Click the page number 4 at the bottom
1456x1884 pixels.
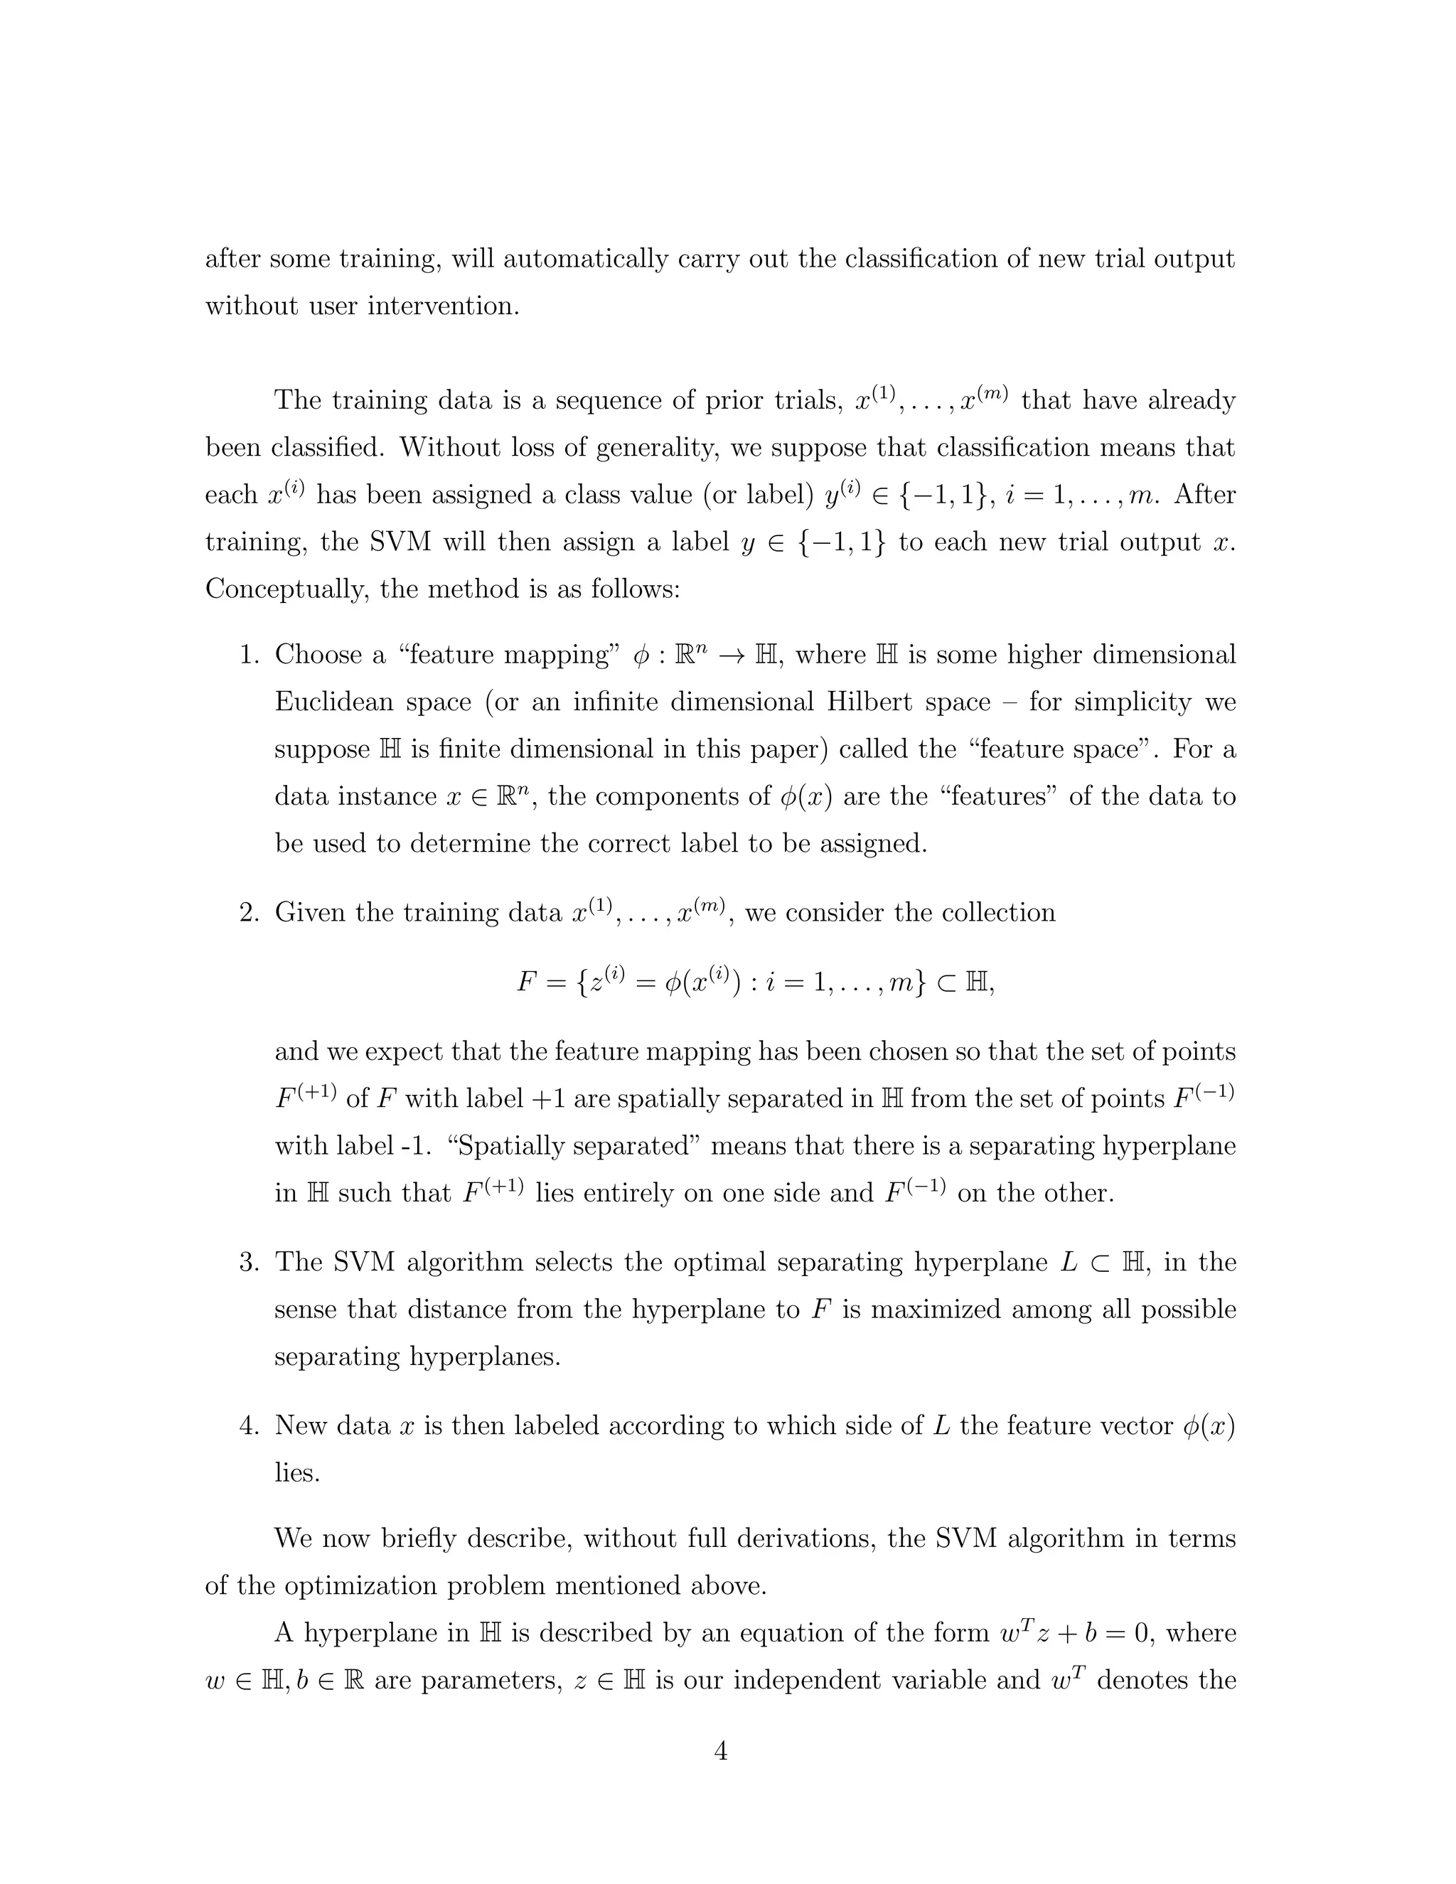point(721,1752)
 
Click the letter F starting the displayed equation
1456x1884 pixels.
point(527,982)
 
